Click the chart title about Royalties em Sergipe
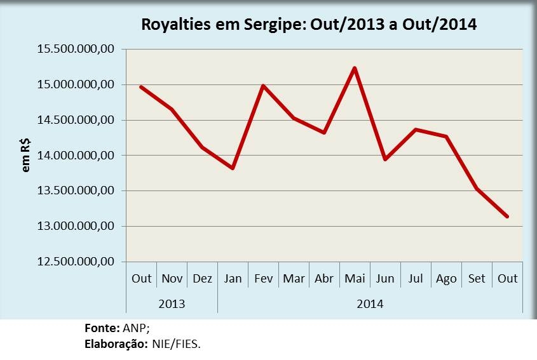click(x=309, y=25)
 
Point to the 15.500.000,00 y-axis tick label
click(x=76, y=49)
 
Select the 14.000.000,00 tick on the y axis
click(x=76, y=156)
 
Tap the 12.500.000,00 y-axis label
click(x=76, y=262)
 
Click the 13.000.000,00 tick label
click(x=76, y=226)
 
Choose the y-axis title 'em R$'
click(x=25, y=156)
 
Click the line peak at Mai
click(x=355, y=68)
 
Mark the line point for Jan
click(x=233, y=168)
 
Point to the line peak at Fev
click(x=263, y=86)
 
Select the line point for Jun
click(x=385, y=159)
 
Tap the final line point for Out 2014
click(x=507, y=217)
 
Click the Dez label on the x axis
click(x=202, y=279)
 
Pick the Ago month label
click(x=446, y=279)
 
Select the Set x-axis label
click(x=477, y=279)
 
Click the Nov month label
click(x=172, y=279)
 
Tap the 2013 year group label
click(x=172, y=303)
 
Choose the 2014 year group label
click(x=370, y=303)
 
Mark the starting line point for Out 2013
click(x=141, y=87)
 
